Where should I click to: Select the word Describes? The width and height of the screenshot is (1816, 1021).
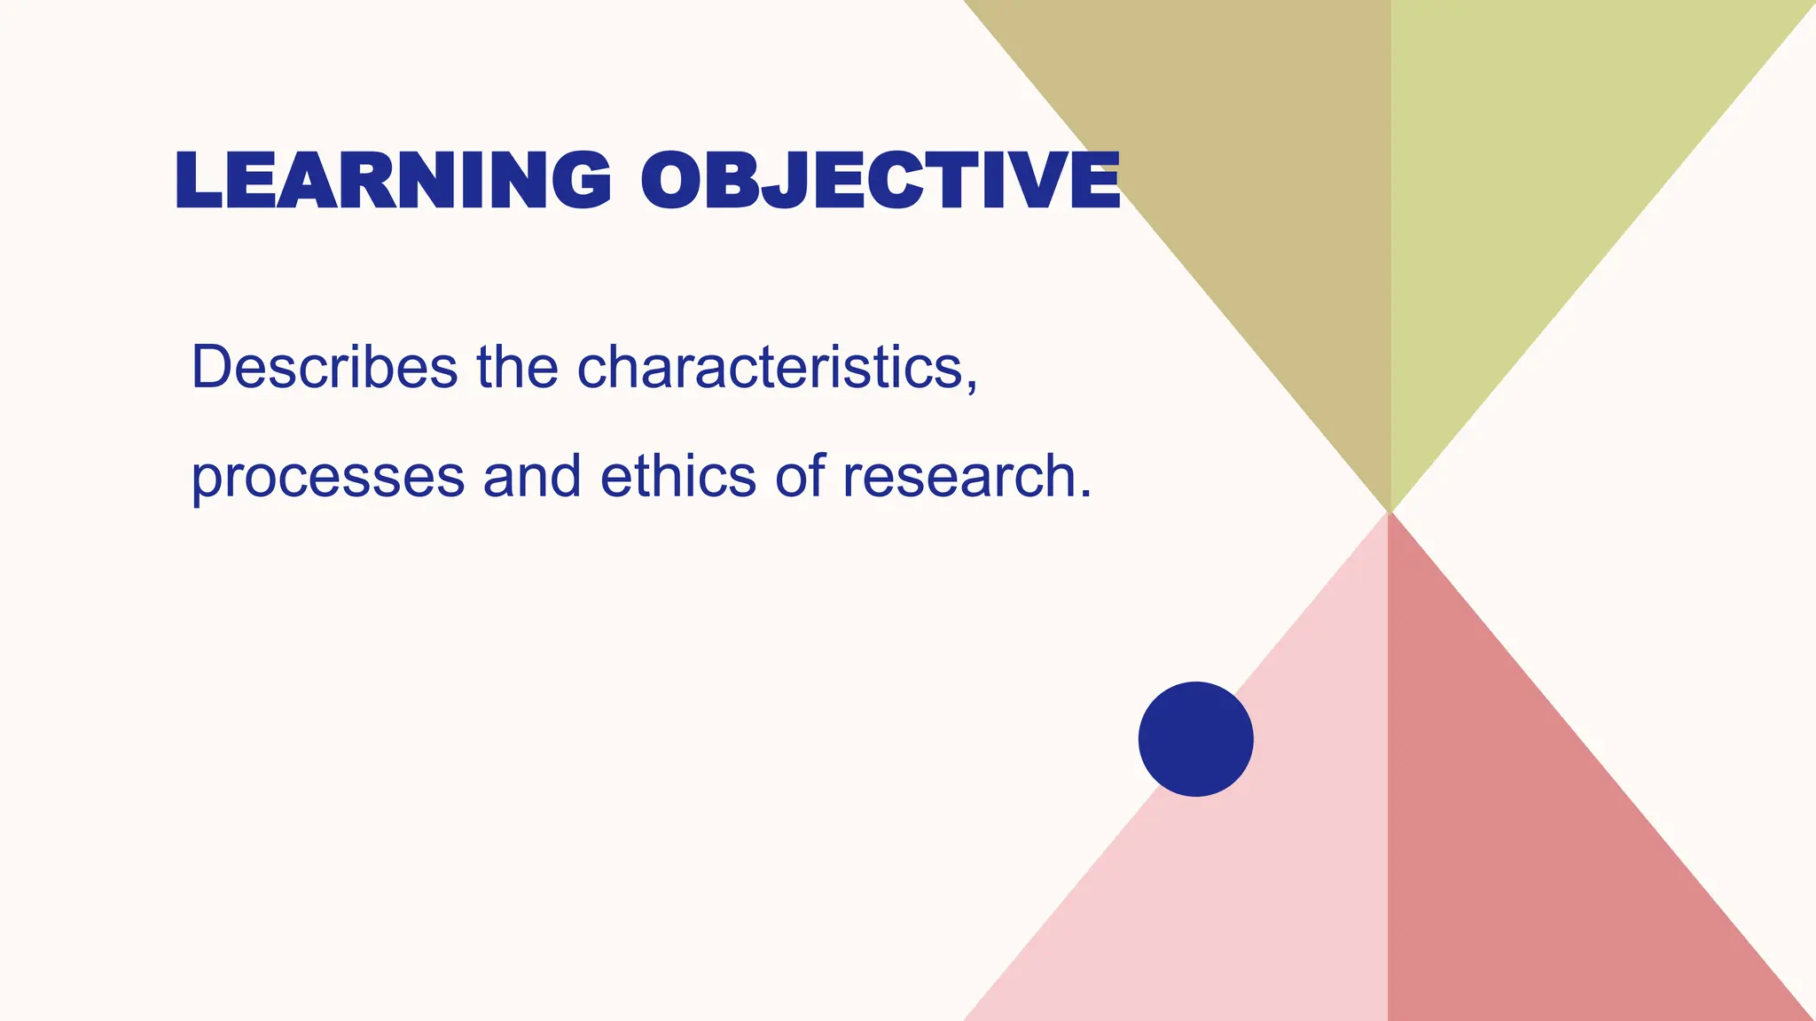tap(325, 367)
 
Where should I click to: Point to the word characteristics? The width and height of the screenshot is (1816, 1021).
tap(770, 367)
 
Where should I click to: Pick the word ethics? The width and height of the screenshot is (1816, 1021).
tap(678, 476)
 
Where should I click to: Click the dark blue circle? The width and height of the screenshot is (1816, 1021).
tap(1195, 739)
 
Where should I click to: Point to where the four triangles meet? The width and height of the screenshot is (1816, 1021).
tap(1389, 511)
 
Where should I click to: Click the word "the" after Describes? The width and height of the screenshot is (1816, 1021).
tap(517, 367)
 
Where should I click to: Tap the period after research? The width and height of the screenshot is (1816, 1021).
tap(1085, 495)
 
